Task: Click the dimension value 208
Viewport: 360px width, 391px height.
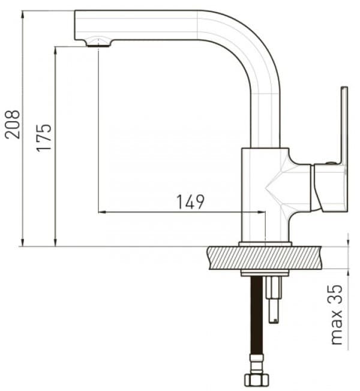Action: pos(13,124)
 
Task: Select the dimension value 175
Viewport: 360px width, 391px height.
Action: pos(44,137)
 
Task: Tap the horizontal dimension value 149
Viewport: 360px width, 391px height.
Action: pos(190,202)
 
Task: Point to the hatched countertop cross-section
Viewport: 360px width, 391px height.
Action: pos(276,258)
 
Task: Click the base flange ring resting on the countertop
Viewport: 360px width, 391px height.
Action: pos(265,244)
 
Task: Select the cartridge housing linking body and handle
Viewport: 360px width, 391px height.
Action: pos(299,186)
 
